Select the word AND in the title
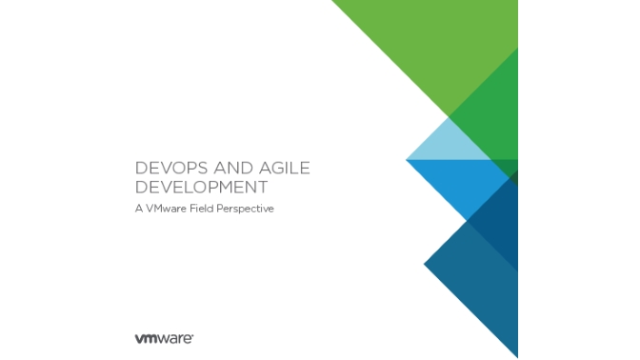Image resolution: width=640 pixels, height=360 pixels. pos(227,169)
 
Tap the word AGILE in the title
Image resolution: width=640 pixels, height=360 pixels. pos(281,169)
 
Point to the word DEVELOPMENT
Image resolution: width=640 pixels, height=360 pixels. pos(201,187)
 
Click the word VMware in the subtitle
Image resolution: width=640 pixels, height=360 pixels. pos(170,209)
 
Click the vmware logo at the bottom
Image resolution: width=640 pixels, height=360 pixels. pos(165,337)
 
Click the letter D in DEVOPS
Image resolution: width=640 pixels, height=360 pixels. pos(141,169)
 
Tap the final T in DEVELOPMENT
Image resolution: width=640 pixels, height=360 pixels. pos(263,187)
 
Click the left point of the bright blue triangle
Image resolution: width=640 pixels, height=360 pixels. pos(408,161)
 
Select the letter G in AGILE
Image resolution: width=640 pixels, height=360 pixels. pos(270,169)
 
